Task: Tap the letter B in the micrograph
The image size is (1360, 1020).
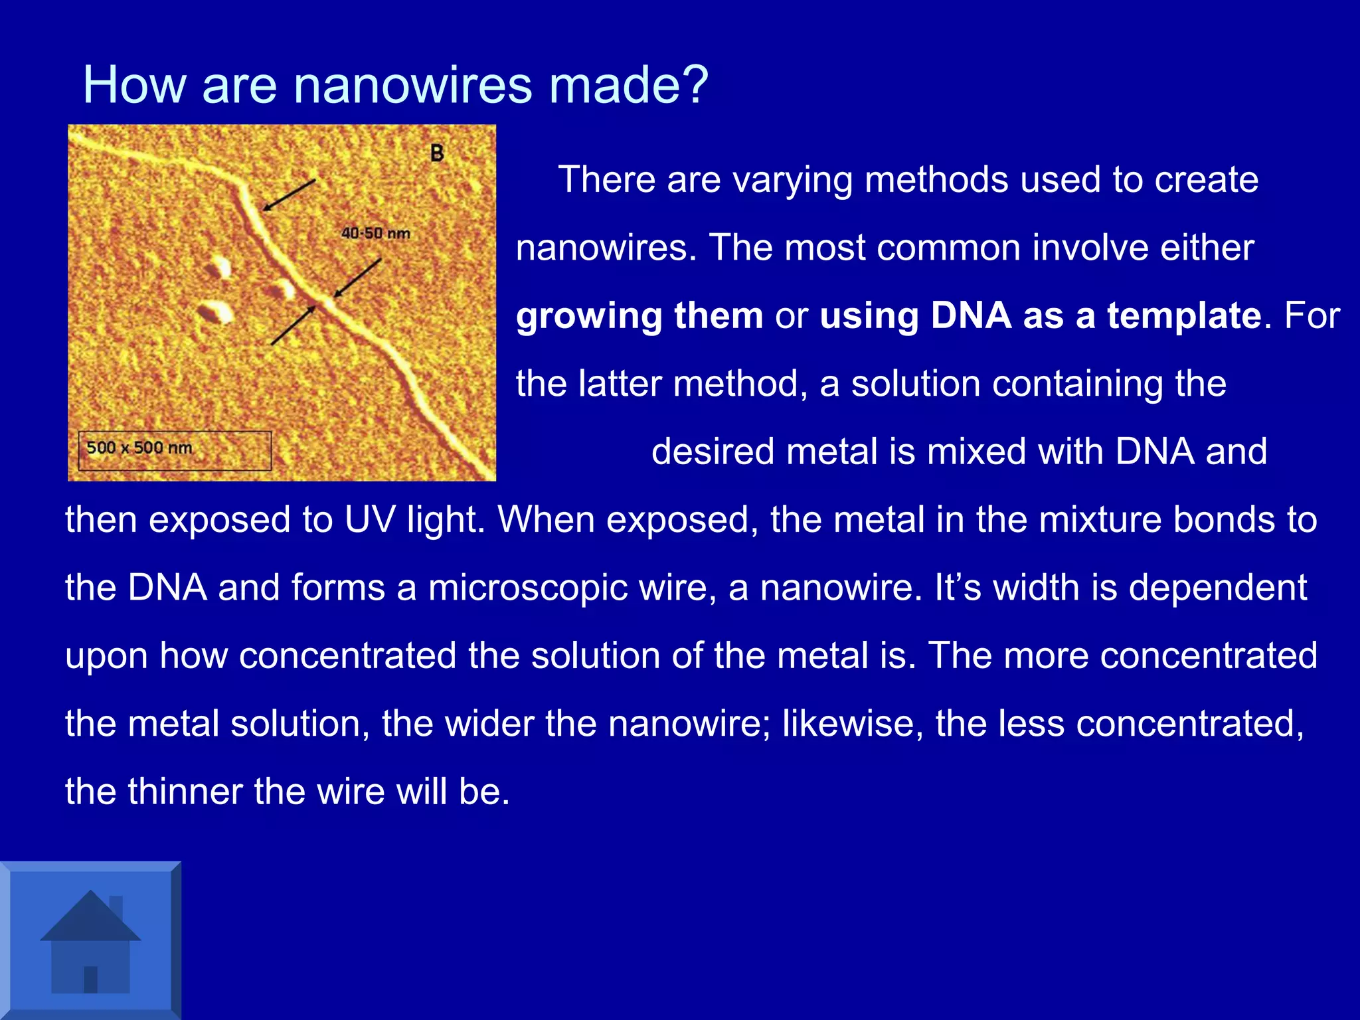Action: pos(437,153)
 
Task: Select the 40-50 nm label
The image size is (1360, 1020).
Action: pos(375,234)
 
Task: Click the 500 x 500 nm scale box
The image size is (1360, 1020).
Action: pos(175,450)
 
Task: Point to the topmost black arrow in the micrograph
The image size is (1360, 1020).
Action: pos(289,195)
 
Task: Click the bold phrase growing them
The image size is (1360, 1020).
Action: pos(639,315)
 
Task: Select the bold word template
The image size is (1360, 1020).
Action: pos(1183,315)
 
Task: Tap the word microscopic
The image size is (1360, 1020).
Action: pos(528,588)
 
